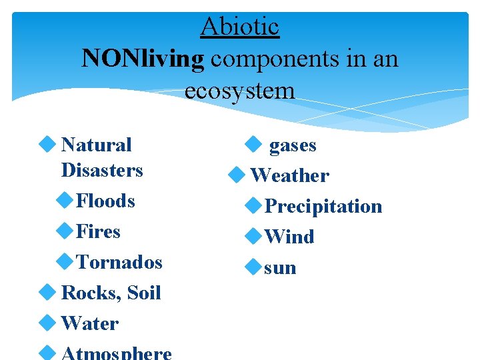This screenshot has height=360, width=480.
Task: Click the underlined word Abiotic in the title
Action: [x=239, y=27]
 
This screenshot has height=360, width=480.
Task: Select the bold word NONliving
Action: [x=143, y=59]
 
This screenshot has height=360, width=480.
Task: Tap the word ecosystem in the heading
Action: [x=239, y=90]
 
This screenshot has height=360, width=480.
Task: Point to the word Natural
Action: [x=96, y=145]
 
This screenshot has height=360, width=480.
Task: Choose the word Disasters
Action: [x=101, y=170]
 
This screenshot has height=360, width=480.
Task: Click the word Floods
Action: [x=105, y=201]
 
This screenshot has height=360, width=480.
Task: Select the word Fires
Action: [x=98, y=231]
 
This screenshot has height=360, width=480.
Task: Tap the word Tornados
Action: [x=119, y=262]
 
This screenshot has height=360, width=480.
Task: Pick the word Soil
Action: [x=143, y=293]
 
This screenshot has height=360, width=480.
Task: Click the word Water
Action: [x=89, y=323]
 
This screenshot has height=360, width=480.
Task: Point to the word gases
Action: [x=292, y=145]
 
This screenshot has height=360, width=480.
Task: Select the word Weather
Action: [x=289, y=175]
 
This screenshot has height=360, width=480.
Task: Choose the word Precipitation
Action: [x=323, y=206]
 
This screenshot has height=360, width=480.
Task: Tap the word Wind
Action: [x=289, y=237]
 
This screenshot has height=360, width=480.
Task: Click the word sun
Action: [x=280, y=267]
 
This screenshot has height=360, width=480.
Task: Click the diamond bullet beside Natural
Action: [x=47, y=144]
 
